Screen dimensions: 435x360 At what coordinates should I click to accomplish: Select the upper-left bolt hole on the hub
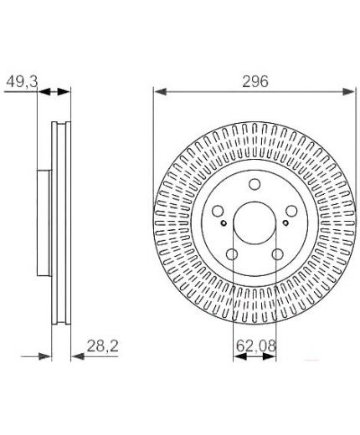click(219, 213)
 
